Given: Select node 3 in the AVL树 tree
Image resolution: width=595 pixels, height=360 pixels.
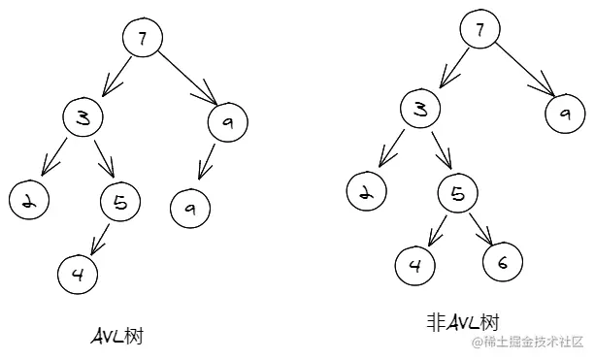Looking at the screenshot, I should click(84, 118).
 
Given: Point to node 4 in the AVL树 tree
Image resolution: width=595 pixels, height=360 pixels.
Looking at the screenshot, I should click(78, 273).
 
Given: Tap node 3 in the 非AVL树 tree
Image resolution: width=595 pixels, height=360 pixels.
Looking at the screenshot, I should click(419, 109).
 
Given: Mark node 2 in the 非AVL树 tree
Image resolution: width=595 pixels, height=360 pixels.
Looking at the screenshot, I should click(365, 191).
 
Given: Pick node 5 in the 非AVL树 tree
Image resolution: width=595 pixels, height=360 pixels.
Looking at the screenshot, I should click(457, 193).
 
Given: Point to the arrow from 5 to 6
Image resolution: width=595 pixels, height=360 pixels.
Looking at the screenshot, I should click(481, 228).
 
